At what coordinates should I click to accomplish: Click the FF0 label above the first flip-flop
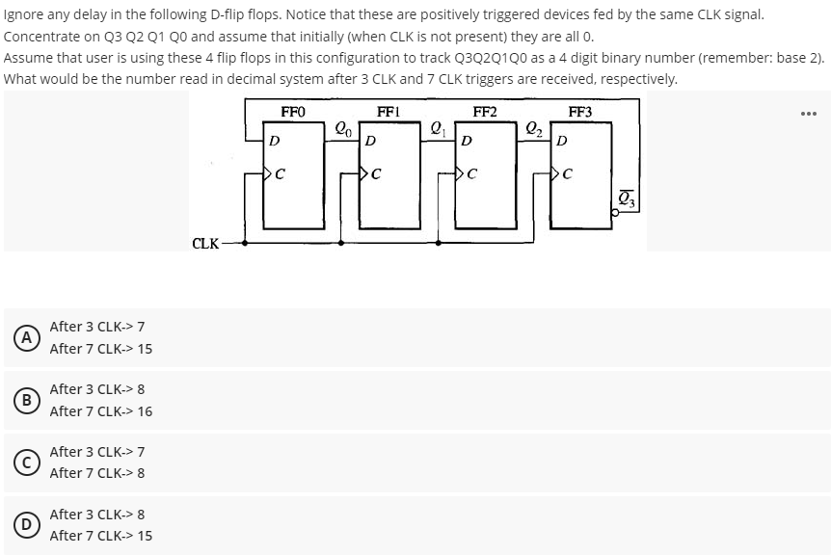click(293, 113)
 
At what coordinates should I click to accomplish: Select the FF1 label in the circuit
click(389, 113)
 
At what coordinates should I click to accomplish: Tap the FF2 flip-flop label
click(485, 113)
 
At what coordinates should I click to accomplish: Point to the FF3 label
click(580, 113)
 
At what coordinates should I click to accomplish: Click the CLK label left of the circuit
click(204, 244)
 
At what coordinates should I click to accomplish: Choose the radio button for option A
click(30, 337)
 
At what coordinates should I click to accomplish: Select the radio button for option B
click(30, 400)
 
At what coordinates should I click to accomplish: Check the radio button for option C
click(30, 462)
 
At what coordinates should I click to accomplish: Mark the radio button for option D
click(30, 524)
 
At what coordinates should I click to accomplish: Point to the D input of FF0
click(275, 142)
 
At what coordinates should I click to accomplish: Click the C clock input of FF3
click(567, 174)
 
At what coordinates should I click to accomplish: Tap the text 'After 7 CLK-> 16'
click(100, 411)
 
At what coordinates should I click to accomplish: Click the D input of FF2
click(467, 142)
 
